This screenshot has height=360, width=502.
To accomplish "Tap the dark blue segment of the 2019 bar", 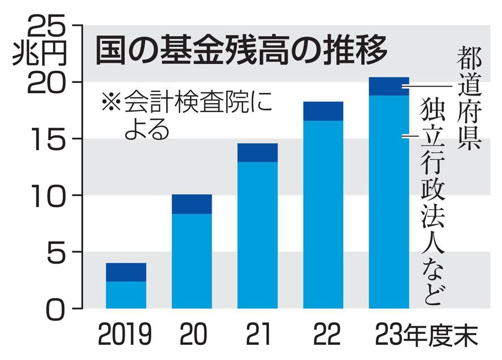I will click(126, 272).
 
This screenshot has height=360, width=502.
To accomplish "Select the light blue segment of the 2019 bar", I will click(126, 295).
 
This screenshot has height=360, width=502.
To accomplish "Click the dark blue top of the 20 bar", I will click(192, 204).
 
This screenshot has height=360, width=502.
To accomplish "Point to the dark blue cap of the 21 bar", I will click(257, 152).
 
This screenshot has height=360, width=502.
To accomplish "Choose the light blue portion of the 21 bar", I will click(257, 235).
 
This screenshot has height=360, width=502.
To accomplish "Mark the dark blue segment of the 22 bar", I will click(323, 111).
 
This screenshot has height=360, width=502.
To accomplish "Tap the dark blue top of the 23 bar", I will click(389, 86).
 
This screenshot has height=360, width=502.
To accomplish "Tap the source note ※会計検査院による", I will click(184, 115).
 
